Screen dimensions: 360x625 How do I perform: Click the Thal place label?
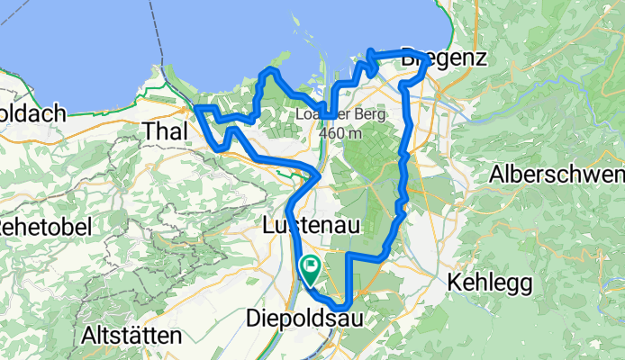[165, 131]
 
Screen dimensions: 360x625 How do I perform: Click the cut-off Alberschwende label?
[556, 174]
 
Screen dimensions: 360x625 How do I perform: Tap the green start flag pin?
[310, 267]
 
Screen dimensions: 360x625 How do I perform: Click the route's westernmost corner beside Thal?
[197, 109]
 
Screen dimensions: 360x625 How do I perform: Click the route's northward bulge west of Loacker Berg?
[268, 71]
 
